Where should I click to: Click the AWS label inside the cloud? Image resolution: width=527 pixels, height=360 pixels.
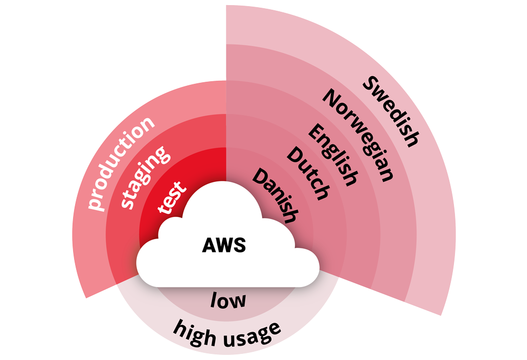(223, 245)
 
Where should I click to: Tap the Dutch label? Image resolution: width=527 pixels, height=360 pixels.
(307, 173)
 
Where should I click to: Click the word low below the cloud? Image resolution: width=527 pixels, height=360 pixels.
(228, 300)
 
